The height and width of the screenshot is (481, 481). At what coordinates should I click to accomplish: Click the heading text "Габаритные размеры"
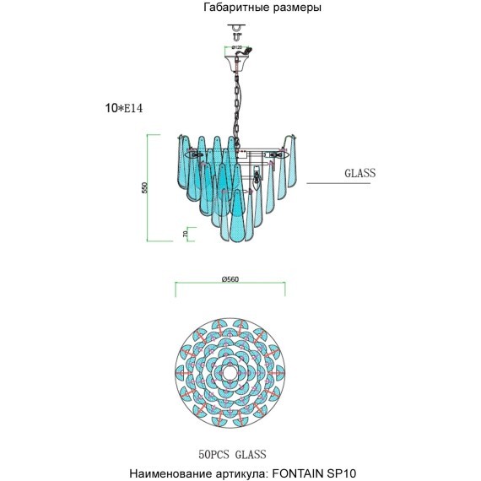pyautogui.click(x=262, y=8)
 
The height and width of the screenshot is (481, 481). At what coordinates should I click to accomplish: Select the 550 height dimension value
pyautogui.click(x=144, y=186)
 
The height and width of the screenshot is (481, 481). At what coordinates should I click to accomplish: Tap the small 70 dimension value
pyautogui.click(x=185, y=233)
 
